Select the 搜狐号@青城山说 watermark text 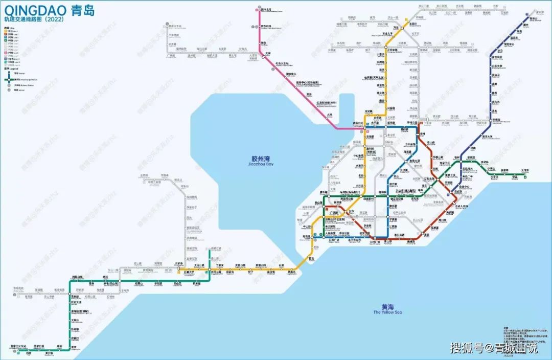pos(493,348)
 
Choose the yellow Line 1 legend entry pos(11,31)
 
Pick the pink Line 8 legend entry pos(11,53)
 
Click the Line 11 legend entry pos(11,59)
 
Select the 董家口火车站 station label pos(18,347)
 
